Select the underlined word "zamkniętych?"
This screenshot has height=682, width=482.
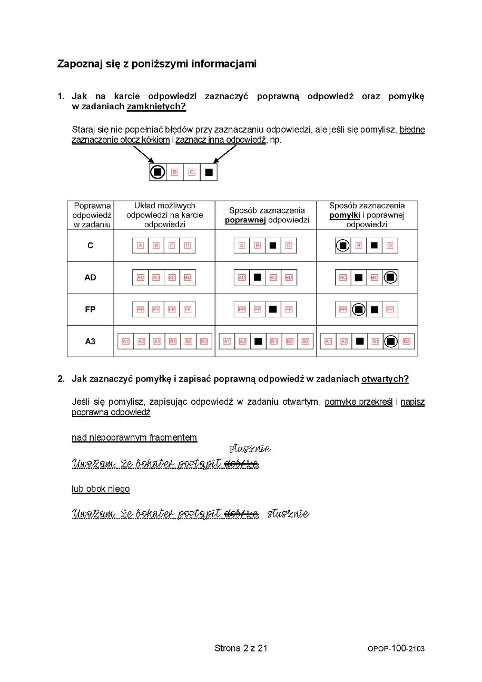[156, 106]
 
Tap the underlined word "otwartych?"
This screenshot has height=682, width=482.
[385, 379]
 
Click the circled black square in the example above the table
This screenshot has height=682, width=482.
[158, 172]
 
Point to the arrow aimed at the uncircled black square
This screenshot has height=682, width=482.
[224, 153]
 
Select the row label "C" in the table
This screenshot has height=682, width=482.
[90, 246]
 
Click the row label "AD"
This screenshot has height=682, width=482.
[90, 277]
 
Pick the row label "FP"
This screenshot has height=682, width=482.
[90, 309]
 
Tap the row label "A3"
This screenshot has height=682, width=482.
[90, 341]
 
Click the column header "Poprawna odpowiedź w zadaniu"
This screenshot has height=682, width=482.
[91, 215]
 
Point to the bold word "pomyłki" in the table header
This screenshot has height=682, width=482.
[344, 215]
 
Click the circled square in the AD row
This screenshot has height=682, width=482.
[390, 277]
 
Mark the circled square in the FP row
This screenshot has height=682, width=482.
[359, 309]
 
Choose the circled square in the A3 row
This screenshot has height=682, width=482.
[390, 341]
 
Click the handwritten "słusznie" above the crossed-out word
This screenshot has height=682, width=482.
[250, 449]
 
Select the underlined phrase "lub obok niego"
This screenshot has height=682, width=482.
[101, 489]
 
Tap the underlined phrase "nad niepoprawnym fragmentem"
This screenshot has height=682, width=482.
[134, 437]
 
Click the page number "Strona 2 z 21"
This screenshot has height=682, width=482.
[241, 648]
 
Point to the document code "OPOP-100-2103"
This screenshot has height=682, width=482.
[396, 649]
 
